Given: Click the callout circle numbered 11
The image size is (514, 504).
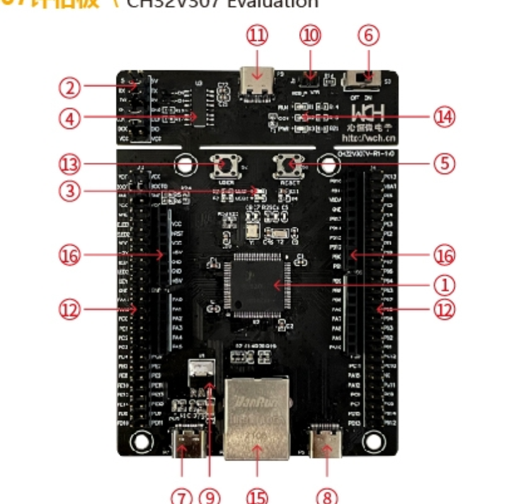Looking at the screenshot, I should coord(256,35).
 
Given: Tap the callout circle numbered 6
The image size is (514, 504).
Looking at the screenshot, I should coord(369,35).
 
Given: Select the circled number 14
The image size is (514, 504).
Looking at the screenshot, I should coord(445,117).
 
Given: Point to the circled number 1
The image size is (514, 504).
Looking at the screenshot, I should coord(445,285).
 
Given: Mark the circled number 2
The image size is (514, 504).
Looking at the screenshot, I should coord(70,88).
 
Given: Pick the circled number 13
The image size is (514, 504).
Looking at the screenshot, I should coord(70,164).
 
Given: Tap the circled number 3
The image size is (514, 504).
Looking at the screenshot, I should coord(70,191).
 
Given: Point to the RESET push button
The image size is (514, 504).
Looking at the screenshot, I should coord(291,166).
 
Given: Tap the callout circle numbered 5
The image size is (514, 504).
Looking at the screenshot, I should coord(445,164).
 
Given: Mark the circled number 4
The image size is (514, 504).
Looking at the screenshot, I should coord(70,117).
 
